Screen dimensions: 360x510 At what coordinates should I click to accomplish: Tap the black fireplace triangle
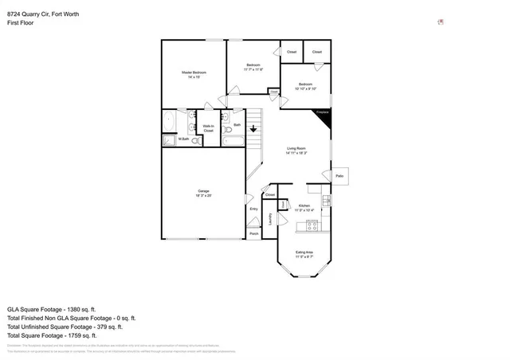pos(325,117)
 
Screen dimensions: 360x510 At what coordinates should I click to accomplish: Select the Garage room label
pos(204,193)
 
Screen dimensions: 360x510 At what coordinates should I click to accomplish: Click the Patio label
pos(339,175)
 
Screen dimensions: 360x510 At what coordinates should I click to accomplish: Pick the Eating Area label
pos(304,254)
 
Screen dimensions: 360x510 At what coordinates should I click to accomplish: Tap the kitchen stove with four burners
pos(312,225)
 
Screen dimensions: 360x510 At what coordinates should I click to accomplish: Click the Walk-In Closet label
pos(208,127)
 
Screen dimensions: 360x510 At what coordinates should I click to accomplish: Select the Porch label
pos(253,233)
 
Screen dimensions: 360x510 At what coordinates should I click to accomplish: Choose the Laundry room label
pos(271,218)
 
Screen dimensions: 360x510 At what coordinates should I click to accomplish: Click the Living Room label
pos(296,150)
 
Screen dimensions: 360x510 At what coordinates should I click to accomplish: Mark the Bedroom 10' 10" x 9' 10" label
pos(305,86)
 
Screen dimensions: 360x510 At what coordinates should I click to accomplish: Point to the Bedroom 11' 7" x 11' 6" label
pos(253,67)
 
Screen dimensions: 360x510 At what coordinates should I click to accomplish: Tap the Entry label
pos(253,209)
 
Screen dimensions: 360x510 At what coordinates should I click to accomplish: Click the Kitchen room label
pos(304,207)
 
